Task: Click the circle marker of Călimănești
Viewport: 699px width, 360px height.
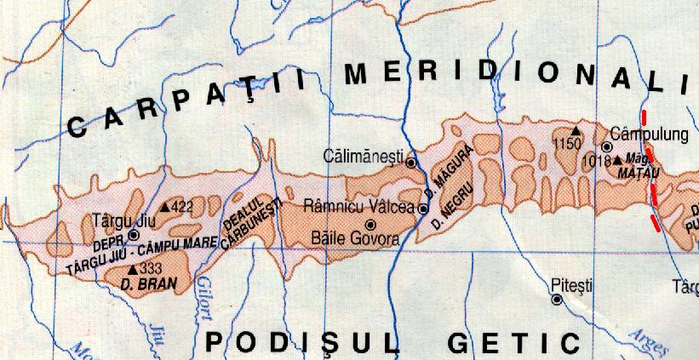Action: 410,162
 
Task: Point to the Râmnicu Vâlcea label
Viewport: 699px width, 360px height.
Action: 360,207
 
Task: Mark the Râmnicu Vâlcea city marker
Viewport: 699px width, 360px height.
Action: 422,209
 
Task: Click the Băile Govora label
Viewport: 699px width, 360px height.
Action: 355,239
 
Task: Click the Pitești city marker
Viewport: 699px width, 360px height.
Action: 556,300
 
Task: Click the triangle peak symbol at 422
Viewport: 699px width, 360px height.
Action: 164,207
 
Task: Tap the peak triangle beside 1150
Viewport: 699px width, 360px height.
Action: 576,131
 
